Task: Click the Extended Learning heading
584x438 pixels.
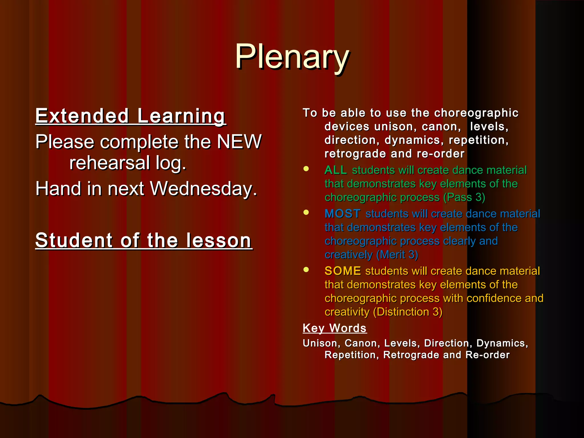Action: [x=130, y=116]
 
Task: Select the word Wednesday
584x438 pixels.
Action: [x=203, y=189]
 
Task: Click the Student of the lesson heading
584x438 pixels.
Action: [x=143, y=240]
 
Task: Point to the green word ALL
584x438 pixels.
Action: [x=336, y=170]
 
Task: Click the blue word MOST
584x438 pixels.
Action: [x=342, y=214]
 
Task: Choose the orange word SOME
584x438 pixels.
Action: [x=343, y=271]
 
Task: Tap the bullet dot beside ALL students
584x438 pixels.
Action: [x=306, y=169]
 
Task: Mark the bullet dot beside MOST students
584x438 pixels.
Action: [x=306, y=212]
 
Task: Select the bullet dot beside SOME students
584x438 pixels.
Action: [x=306, y=269]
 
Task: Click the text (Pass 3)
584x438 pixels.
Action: [x=464, y=197]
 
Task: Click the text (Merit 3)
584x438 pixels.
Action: [x=397, y=255]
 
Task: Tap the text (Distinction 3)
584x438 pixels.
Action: [x=407, y=312]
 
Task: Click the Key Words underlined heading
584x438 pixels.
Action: [x=334, y=328]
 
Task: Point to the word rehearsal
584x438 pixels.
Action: [x=109, y=163]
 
